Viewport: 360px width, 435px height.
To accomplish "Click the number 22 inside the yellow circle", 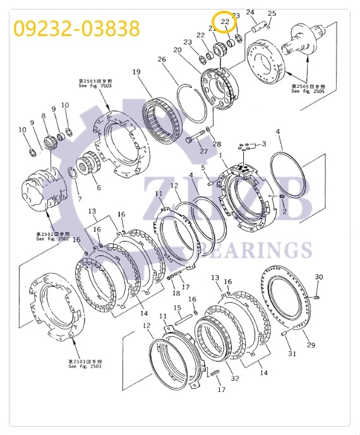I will click(x=224, y=22).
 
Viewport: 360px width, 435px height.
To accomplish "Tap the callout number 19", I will click(x=136, y=72).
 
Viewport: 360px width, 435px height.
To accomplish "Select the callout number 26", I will click(x=162, y=59).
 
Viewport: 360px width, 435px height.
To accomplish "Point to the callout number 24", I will click(x=250, y=12).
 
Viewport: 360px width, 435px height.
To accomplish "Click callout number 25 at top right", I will click(x=272, y=13).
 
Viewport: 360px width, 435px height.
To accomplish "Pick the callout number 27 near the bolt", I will click(x=203, y=151).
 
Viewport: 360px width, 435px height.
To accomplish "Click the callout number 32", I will click(x=235, y=379).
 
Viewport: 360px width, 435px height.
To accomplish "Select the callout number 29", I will click(x=311, y=345).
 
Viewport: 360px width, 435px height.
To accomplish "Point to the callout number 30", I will click(x=318, y=278).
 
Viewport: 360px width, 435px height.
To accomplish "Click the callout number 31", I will click(x=292, y=353).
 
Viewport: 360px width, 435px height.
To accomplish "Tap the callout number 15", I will click(x=178, y=309).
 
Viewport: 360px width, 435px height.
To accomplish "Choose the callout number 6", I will click(x=98, y=188).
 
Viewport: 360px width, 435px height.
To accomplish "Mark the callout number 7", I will click(x=79, y=199).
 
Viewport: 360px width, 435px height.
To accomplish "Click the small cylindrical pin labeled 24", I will click(x=258, y=28).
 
